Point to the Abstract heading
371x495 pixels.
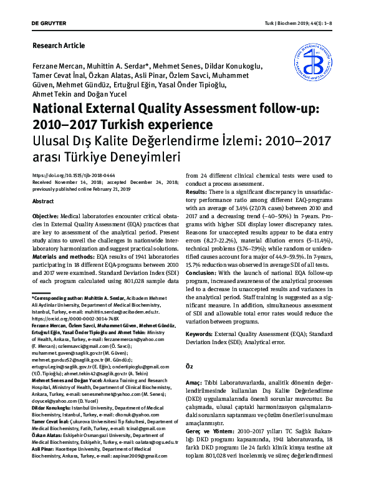coord(42,202)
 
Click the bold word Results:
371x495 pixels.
coord(198,192)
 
